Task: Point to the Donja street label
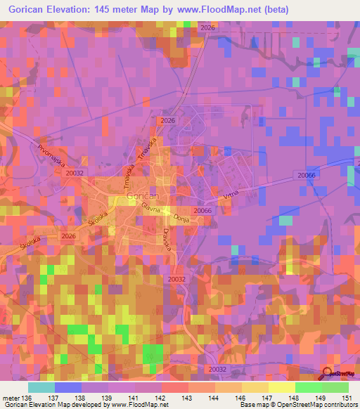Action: coord(183,217)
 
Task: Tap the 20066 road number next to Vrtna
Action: coord(202,210)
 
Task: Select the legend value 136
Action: coord(27,397)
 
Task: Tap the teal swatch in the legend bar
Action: coord(41,387)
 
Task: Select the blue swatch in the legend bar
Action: coord(68,387)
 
